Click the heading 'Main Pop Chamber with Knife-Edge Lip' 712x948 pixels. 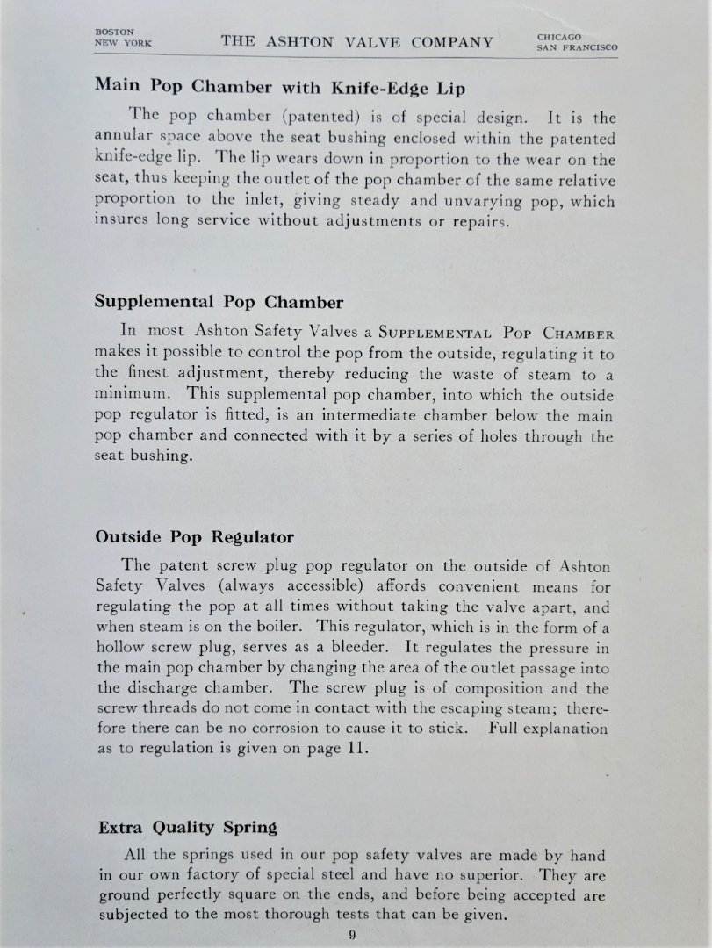279,87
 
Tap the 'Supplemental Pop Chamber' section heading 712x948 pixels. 219,301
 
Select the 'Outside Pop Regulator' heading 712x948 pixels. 194,536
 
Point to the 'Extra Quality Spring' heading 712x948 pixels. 188,826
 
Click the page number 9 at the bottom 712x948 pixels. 352,934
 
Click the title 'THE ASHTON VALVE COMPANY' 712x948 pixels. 356,41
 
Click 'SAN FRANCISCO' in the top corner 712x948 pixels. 577,48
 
